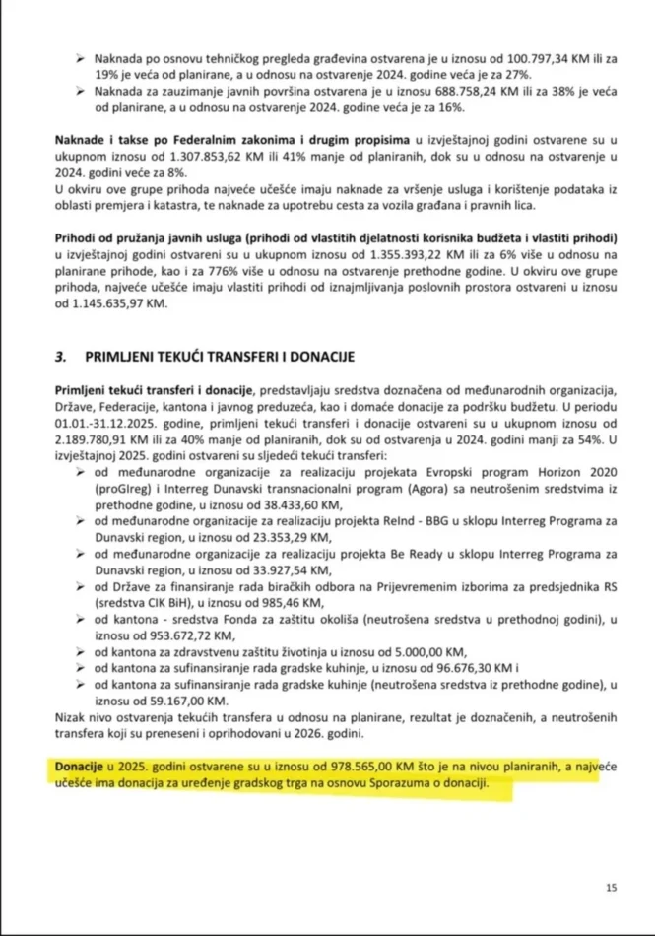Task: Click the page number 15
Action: [x=611, y=888]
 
